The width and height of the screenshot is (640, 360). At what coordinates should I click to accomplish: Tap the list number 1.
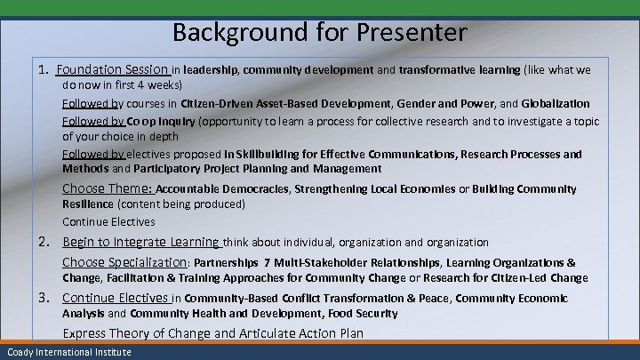coord(44,69)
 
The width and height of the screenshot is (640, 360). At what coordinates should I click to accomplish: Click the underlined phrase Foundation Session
coord(113,69)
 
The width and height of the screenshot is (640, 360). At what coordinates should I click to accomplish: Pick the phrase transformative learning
coord(460,69)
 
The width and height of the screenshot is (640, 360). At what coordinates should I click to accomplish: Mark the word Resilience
coord(89,204)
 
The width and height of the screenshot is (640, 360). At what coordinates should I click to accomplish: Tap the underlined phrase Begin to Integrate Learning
coord(141,242)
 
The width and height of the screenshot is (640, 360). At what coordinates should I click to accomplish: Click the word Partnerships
coord(227,262)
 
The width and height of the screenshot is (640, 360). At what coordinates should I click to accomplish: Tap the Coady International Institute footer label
coord(66,353)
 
